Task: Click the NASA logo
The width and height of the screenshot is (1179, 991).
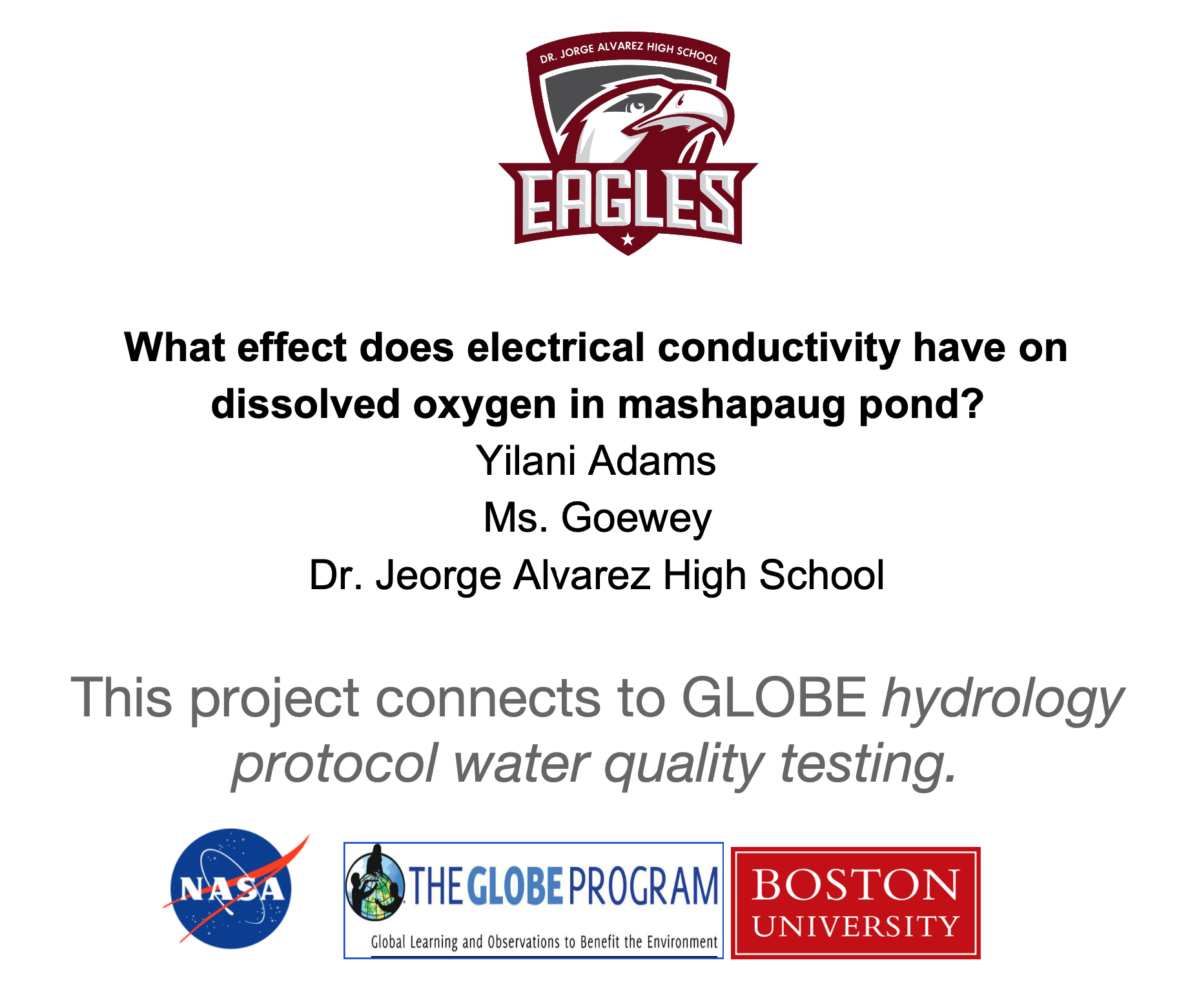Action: click(x=232, y=889)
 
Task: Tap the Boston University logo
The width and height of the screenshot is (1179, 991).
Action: click(x=856, y=902)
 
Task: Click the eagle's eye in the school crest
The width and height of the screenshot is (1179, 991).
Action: click(x=637, y=104)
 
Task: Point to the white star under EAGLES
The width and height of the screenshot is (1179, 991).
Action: click(x=628, y=240)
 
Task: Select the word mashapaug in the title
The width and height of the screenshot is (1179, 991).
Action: click(x=731, y=405)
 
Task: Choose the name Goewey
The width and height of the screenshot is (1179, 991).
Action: click(x=637, y=519)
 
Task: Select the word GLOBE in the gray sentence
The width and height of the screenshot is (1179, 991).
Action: click(x=774, y=698)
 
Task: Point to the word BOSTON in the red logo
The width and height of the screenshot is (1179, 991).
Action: click(x=856, y=884)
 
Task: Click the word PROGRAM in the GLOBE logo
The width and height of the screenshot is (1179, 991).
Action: click(x=643, y=886)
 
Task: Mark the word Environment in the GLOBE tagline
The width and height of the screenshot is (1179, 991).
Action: click(x=682, y=942)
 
